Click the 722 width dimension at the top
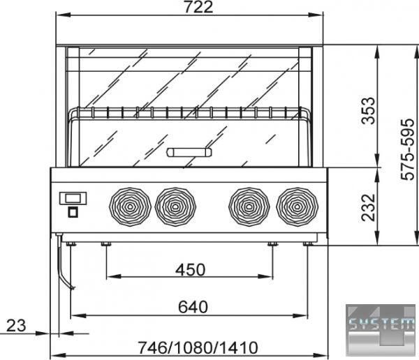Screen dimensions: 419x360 click(198, 7)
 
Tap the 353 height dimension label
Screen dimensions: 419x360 click(368, 110)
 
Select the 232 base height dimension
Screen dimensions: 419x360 click(368, 207)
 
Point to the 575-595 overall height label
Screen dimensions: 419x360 click(408, 149)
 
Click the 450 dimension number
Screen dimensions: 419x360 click(190, 269)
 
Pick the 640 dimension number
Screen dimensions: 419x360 click(193, 307)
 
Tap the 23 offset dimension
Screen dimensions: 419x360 click(16, 326)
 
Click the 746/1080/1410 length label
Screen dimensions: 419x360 click(198, 347)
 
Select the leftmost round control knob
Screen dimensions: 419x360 click(130, 207)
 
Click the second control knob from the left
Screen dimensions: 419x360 click(175, 207)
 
